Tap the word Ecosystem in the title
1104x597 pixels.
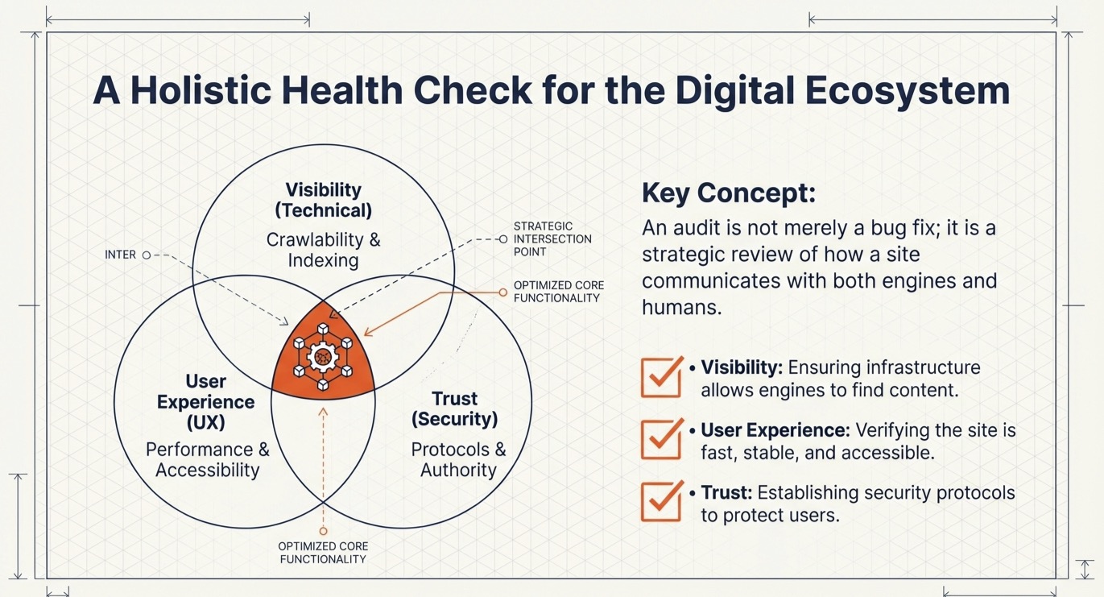pos(907,92)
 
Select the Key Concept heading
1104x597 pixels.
pos(729,193)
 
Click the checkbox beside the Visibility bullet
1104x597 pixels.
pos(662,377)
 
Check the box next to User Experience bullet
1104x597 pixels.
pos(662,439)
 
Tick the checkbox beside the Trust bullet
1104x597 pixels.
pos(662,501)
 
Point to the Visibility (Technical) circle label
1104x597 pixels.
pos(324,200)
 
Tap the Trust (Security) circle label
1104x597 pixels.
pos(454,408)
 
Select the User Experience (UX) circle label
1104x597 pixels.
pos(206,402)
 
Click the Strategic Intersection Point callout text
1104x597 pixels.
pos(552,239)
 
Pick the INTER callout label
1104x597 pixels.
pos(120,255)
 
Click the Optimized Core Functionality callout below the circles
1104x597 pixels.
pos(323,553)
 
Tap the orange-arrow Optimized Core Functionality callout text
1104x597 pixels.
pos(558,292)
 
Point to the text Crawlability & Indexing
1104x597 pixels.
pos(324,250)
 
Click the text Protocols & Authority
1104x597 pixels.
pos(458,459)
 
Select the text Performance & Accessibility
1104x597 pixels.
pos(208,459)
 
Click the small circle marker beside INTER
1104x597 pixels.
pos(147,255)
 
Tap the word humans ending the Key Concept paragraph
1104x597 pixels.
pos(681,308)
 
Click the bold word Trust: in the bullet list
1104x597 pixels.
pos(726,492)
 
